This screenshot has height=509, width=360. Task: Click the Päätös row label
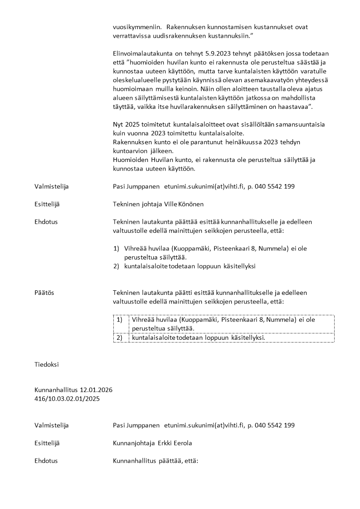click(44, 293)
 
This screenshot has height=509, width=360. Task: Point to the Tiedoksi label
click(46, 364)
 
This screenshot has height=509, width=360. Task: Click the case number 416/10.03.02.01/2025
click(67, 399)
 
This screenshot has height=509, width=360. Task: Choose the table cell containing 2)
click(121, 338)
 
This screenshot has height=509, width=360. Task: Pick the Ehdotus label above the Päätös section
click(46, 222)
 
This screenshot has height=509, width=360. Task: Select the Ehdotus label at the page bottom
click(46, 460)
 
